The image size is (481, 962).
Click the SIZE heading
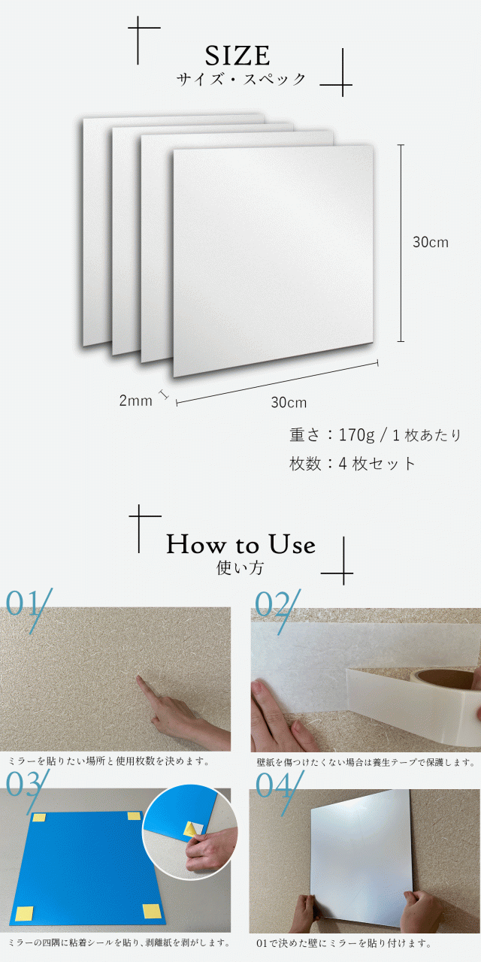[237, 56]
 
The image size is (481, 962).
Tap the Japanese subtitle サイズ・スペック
[241, 79]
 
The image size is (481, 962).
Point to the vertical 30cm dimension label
[430, 242]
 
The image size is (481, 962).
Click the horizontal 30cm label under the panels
[289, 402]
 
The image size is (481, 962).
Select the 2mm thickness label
[135, 401]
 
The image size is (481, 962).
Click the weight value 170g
[358, 435]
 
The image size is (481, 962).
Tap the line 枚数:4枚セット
[352, 464]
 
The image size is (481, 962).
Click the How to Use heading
[240, 544]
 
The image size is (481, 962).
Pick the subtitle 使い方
[240, 568]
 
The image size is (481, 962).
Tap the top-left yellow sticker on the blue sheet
[39, 818]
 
